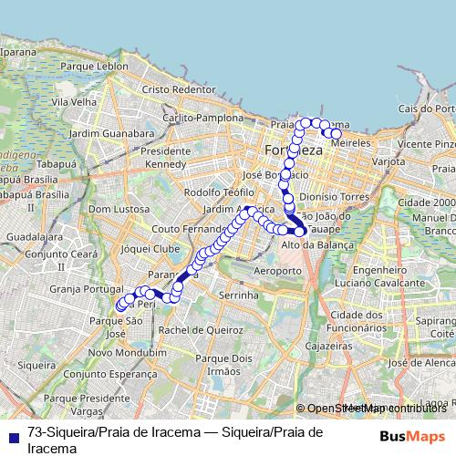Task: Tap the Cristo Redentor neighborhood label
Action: (178, 89)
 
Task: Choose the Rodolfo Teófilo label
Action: (219, 192)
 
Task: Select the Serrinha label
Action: (239, 296)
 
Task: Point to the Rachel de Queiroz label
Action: (193, 329)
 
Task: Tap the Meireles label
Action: (353, 143)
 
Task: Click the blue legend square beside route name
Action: (12, 435)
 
